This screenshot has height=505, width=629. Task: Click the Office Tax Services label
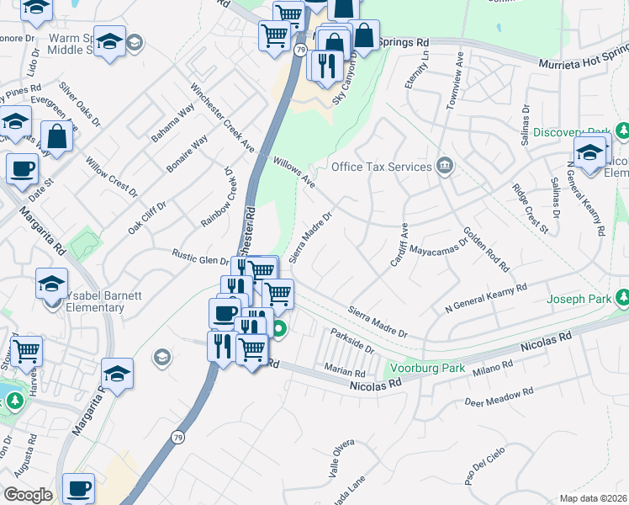[x=381, y=167]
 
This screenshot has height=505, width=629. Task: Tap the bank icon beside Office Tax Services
[x=445, y=166]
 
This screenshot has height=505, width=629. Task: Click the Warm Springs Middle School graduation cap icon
[x=109, y=41]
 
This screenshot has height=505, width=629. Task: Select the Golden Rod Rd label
[x=486, y=248]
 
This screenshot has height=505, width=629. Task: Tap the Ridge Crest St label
[x=530, y=205]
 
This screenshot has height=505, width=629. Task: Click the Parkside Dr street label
[x=351, y=341]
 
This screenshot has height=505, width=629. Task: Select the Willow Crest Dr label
[x=111, y=176]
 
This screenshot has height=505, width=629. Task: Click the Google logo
[x=28, y=495]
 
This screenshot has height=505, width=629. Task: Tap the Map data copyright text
[x=592, y=498]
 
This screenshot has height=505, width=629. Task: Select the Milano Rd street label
[x=492, y=368]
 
